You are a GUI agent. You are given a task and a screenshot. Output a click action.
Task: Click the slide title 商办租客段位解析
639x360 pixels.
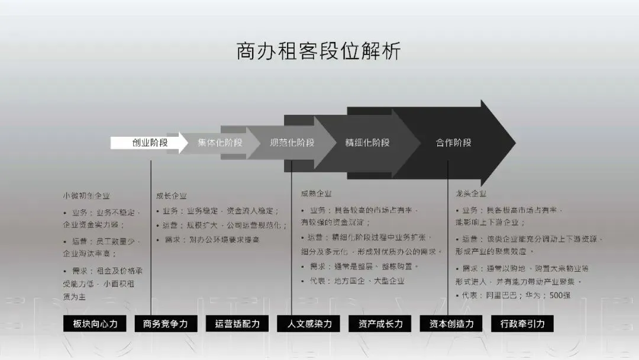318,52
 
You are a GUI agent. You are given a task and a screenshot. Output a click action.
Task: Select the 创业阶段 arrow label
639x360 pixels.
150,143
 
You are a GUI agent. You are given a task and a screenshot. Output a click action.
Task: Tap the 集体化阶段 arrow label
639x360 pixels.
220,143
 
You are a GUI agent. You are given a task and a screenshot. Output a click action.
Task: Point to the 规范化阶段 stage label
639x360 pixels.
292,143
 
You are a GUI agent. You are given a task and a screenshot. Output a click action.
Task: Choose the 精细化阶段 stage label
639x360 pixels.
367,143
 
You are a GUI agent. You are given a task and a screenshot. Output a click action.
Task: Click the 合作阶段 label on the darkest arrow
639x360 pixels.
454,143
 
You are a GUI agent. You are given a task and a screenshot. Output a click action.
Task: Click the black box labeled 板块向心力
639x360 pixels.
95,324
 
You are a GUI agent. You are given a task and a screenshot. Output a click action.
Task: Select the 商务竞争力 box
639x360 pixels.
166,324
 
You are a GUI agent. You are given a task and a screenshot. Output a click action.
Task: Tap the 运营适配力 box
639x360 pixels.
237,324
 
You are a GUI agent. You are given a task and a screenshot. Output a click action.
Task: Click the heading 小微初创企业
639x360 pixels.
86,195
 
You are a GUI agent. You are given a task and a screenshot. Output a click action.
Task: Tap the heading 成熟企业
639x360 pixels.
316,193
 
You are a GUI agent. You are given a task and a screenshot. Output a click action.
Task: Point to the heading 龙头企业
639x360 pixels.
471,194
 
